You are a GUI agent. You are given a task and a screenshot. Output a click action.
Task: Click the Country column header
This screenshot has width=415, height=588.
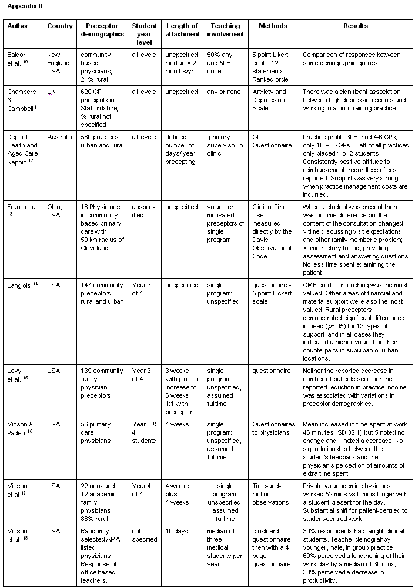click(x=60, y=26)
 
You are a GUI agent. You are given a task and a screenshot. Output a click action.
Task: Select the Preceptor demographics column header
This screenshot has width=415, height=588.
click(x=102, y=30)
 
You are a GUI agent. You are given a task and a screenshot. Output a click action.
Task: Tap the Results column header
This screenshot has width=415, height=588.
click(x=356, y=26)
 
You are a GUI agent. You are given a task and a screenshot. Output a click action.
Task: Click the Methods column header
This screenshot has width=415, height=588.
click(x=273, y=26)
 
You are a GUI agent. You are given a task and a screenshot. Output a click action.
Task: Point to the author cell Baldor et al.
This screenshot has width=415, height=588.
click(x=19, y=59)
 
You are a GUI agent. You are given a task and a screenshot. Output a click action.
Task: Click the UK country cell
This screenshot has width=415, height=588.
click(x=52, y=92)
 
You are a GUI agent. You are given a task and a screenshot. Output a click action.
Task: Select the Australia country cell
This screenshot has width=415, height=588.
click(x=59, y=137)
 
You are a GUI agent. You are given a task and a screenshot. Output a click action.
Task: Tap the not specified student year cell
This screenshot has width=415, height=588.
click(x=143, y=535)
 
